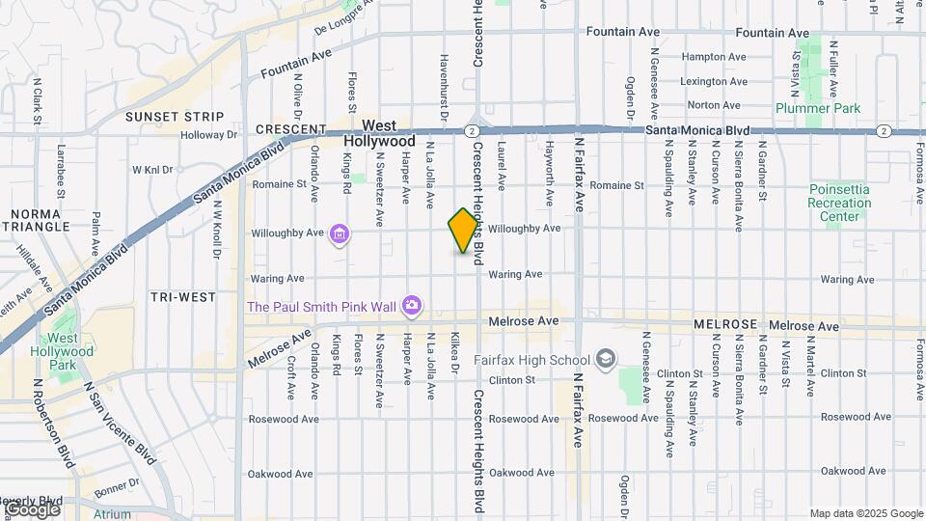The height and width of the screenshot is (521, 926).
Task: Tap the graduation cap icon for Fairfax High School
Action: (x=606, y=360)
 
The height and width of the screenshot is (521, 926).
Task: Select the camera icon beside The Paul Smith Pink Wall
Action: (x=412, y=306)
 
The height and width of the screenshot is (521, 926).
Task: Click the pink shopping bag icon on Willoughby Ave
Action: (x=339, y=233)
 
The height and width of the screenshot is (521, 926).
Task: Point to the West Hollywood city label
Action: (x=379, y=134)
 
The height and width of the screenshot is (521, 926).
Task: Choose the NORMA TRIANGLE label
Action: (x=41, y=219)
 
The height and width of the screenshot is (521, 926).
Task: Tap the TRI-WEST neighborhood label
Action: (x=183, y=297)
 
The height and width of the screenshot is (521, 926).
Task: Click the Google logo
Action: (x=31, y=508)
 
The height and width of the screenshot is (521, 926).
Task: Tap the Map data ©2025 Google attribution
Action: (x=865, y=513)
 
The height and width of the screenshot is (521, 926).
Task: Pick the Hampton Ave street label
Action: (x=714, y=57)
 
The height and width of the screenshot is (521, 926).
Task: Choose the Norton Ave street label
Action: (x=714, y=105)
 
